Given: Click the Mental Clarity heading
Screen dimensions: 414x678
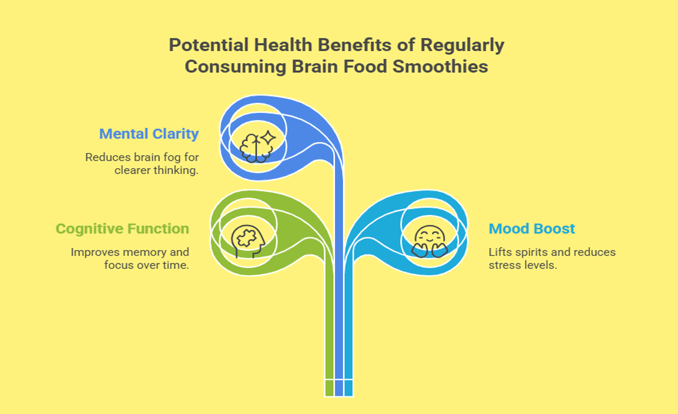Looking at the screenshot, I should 149,134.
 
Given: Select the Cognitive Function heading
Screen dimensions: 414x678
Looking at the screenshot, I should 122,229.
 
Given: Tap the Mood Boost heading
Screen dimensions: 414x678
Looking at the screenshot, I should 532,228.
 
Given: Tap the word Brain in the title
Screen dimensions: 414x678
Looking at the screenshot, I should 315,66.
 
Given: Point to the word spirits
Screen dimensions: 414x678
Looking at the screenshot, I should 529,252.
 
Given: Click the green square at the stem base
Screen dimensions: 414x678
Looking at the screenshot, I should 330,388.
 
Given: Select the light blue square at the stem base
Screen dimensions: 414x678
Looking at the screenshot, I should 348,388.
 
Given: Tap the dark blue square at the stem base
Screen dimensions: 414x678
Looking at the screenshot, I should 339,388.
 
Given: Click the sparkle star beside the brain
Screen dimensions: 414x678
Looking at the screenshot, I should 268,138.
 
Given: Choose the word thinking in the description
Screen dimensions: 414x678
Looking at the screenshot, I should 175,170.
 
